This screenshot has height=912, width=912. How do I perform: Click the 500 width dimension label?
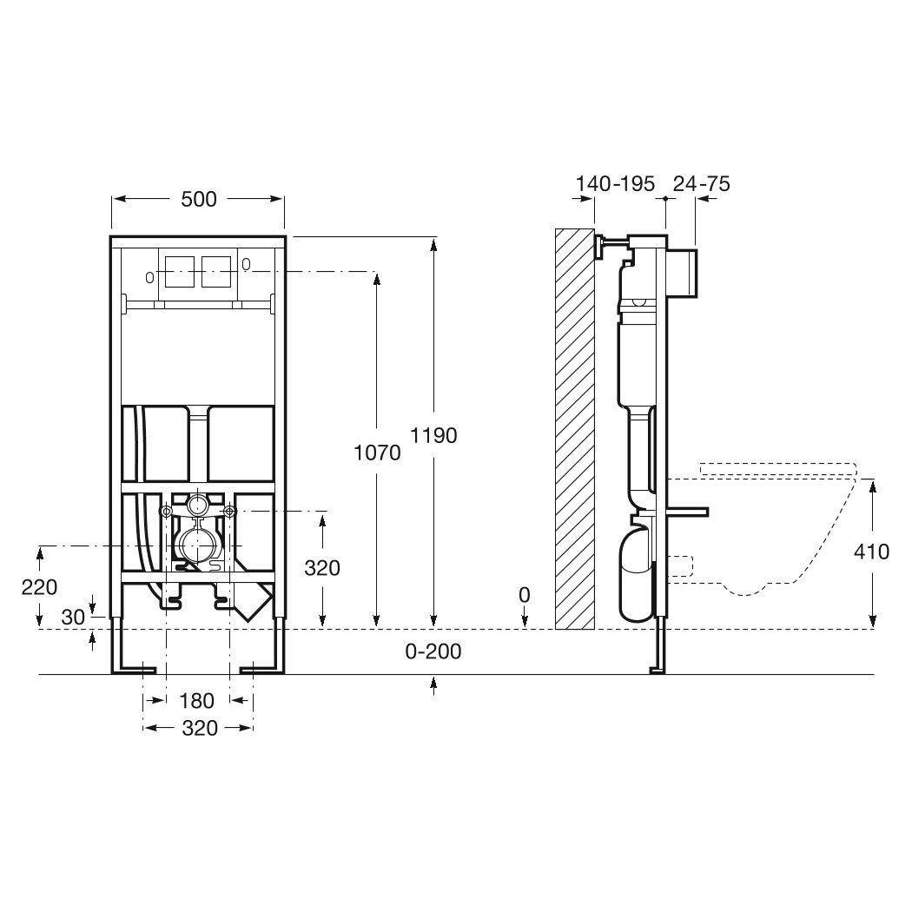pyautogui.click(x=198, y=199)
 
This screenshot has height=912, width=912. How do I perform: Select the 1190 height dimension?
pyautogui.click(x=433, y=434)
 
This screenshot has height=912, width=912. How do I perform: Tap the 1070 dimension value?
pyautogui.click(x=377, y=452)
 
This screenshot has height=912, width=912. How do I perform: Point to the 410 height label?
pyautogui.click(x=871, y=552)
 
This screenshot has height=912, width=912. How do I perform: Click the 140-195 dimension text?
pyautogui.click(x=616, y=183)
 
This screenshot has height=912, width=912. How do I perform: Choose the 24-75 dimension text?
pyautogui.click(x=702, y=183)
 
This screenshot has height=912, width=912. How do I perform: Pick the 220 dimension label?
pyautogui.click(x=40, y=587)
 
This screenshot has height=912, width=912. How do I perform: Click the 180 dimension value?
pyautogui.click(x=197, y=701)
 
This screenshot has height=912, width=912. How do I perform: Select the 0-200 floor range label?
pyautogui.click(x=433, y=651)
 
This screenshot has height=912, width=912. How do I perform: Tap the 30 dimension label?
pyautogui.click(x=74, y=617)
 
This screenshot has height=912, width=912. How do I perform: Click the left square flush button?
pyautogui.click(x=177, y=272)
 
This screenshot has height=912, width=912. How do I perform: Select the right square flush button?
pyautogui.click(x=218, y=272)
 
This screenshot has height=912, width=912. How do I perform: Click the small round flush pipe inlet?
pyautogui.click(x=197, y=503)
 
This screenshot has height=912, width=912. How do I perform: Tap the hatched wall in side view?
pyautogui.click(x=573, y=426)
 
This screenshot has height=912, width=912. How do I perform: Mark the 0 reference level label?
pyautogui.click(x=524, y=595)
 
